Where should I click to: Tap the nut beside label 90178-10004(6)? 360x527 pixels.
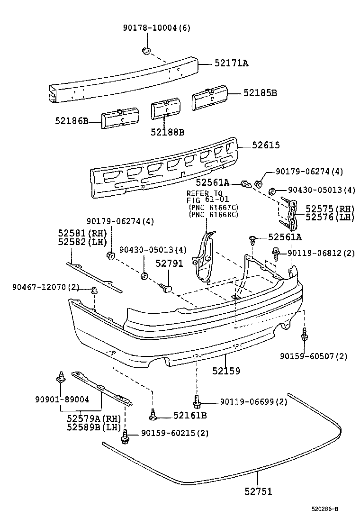[x=146, y=51]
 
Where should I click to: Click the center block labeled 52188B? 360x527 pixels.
[x=166, y=108]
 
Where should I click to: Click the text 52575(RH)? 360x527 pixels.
[x=330, y=208]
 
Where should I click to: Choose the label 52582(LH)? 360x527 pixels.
[x=82, y=242]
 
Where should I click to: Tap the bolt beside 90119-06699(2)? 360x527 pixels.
[x=196, y=402]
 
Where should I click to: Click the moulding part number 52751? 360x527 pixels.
[x=258, y=491]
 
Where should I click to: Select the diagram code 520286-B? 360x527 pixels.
[x=324, y=509]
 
